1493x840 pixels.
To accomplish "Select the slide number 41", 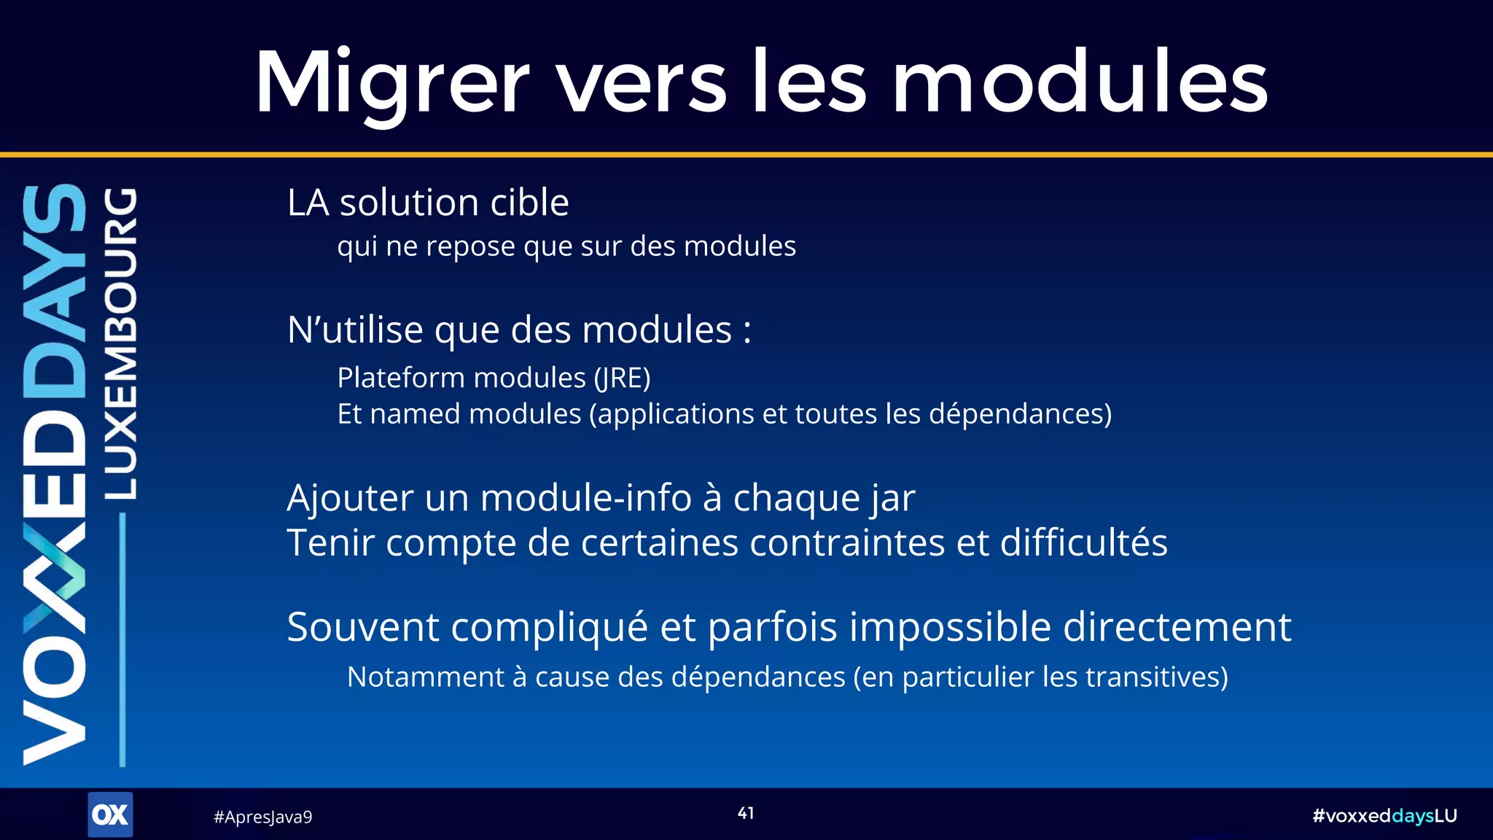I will click(x=746, y=813).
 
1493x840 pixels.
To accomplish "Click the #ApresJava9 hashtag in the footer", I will click(x=262, y=817).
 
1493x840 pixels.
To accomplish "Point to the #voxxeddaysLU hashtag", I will click(x=1384, y=816).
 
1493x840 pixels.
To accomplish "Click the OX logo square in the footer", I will click(x=110, y=814).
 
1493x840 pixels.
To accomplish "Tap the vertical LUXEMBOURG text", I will click(x=121, y=343).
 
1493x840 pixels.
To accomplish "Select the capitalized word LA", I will click(x=308, y=203).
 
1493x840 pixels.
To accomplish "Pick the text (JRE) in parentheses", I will click(x=622, y=378).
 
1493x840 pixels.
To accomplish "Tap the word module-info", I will click(x=586, y=498).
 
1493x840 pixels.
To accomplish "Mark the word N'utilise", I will click(x=355, y=330).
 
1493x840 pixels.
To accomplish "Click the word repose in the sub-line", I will click(x=471, y=246).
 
